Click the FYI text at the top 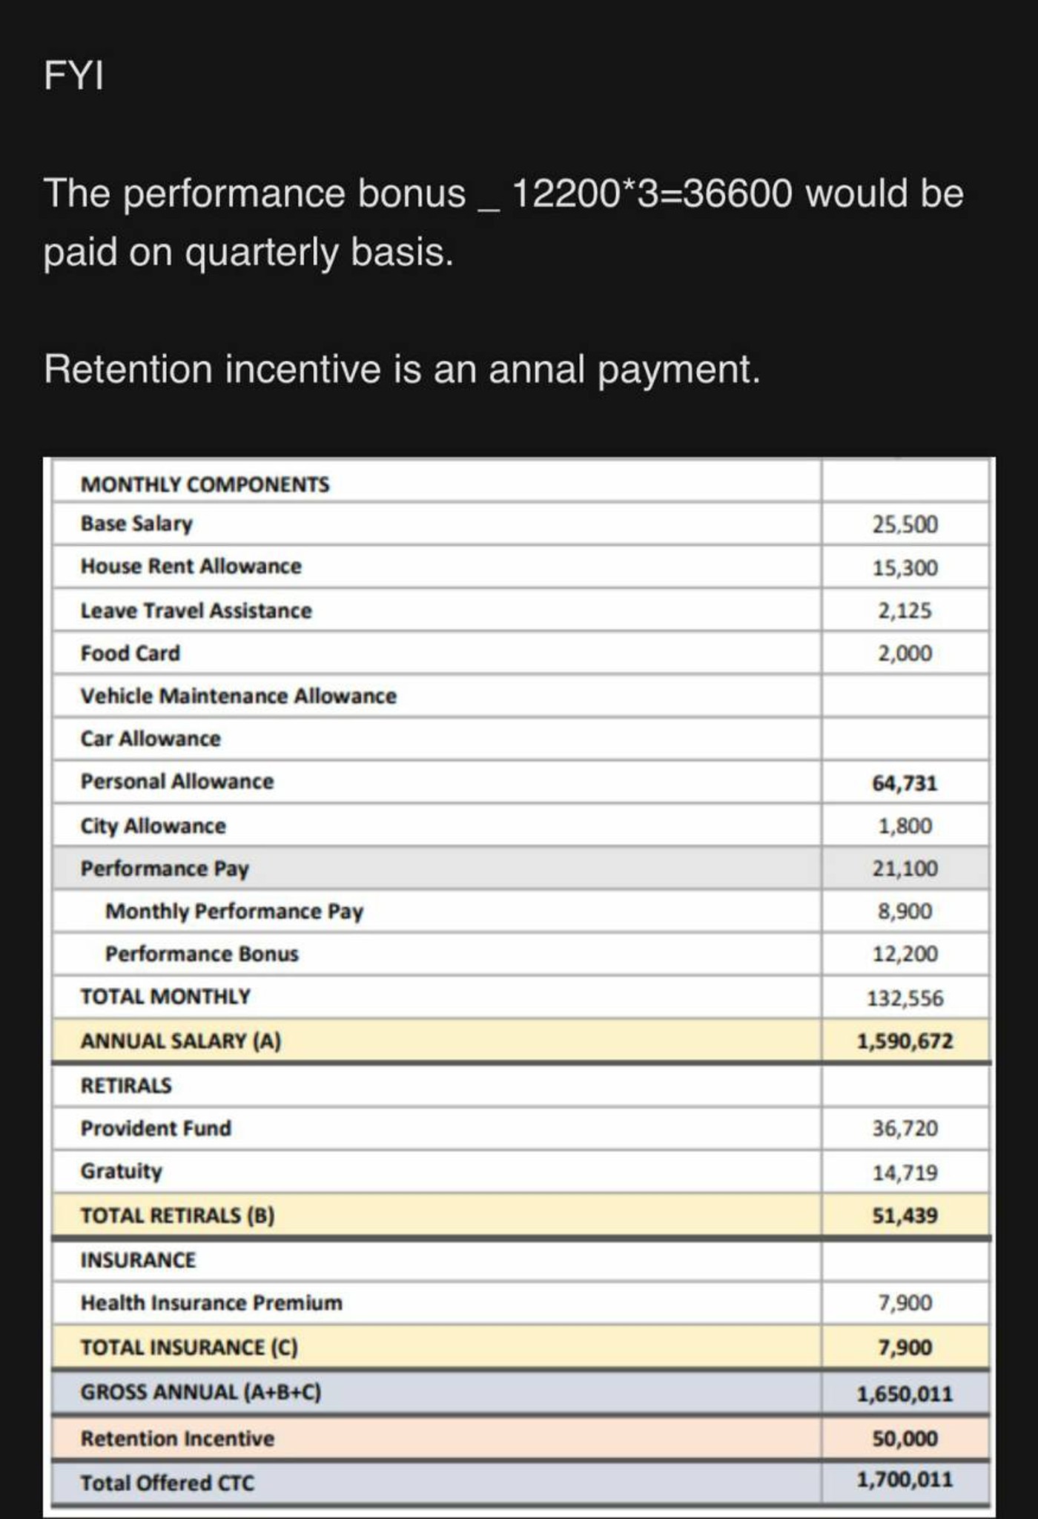tap(73, 75)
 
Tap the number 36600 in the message tap(737, 194)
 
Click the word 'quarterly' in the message tap(261, 252)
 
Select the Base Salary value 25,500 tap(905, 524)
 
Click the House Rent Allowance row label tap(191, 566)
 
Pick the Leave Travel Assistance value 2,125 tap(905, 610)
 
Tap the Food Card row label tap(130, 653)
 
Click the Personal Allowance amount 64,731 tap(905, 782)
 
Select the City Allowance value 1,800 tap(905, 826)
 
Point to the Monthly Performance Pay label tap(234, 912)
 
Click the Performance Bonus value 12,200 tap(905, 954)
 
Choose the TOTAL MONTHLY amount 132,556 tap(905, 998)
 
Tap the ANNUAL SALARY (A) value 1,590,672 tap(905, 1041)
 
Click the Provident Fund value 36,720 tap(905, 1128)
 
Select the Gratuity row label tap(121, 1171)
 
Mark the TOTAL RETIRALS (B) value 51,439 tap(905, 1216)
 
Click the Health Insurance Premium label tap(211, 1303)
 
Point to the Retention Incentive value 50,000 tap(905, 1439)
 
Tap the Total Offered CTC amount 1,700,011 tap(905, 1480)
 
